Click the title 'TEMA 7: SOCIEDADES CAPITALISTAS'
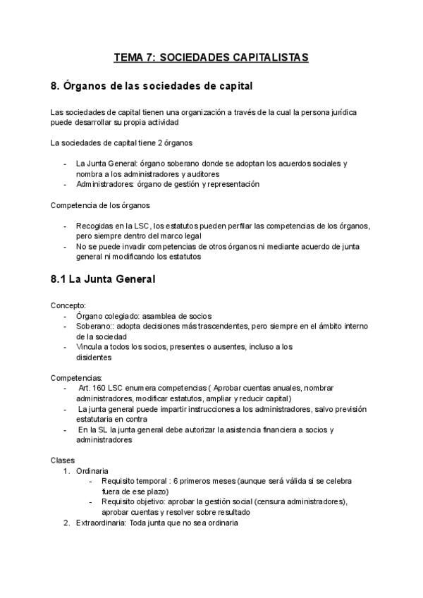point(211,58)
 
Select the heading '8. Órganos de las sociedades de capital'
point(152,87)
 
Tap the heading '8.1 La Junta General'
point(103,279)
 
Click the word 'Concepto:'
point(67,305)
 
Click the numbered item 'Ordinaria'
point(92,470)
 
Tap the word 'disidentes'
point(94,357)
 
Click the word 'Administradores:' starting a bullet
point(106,185)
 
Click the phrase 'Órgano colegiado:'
point(106,316)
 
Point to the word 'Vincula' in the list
point(89,346)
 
